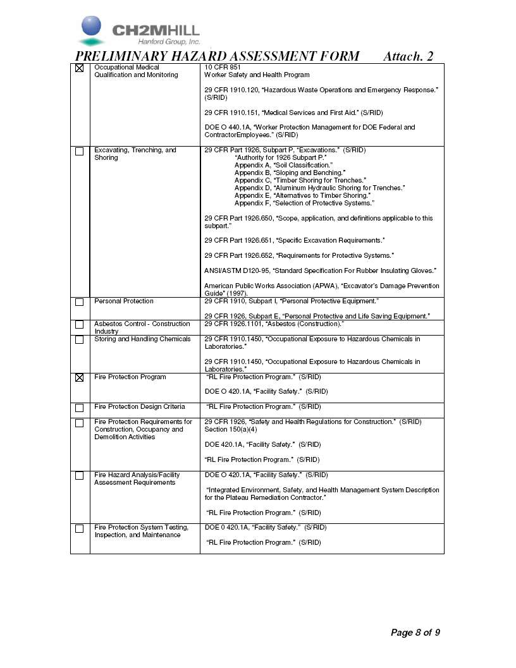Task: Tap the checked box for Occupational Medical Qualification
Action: (79, 68)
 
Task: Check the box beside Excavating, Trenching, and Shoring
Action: (79, 151)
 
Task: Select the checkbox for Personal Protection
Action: (79, 302)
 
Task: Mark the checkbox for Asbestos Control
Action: (79, 325)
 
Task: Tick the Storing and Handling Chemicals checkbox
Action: (79, 340)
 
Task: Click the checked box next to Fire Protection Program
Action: (79, 378)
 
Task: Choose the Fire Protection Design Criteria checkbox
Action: (79, 408)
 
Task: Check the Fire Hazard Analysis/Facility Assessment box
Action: (79, 476)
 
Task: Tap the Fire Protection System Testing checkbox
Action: (79, 528)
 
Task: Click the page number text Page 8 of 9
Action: (415, 632)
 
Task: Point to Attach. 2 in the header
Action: (408, 56)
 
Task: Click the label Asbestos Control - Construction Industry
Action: (142, 327)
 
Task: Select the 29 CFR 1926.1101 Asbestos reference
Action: (274, 324)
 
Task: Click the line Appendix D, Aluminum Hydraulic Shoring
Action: (319, 188)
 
